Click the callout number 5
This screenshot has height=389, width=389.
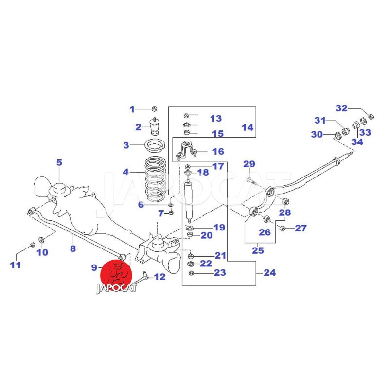[59, 162]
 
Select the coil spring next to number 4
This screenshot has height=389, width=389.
[156, 179]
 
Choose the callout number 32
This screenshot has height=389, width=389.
[342, 108]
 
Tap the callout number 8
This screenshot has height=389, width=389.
[72, 249]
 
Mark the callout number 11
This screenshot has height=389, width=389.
[16, 265]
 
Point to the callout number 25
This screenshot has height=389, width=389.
[258, 251]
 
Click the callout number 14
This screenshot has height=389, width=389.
[247, 128]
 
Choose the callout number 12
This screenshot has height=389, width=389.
[159, 277]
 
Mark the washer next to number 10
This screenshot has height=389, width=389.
[41, 239]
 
